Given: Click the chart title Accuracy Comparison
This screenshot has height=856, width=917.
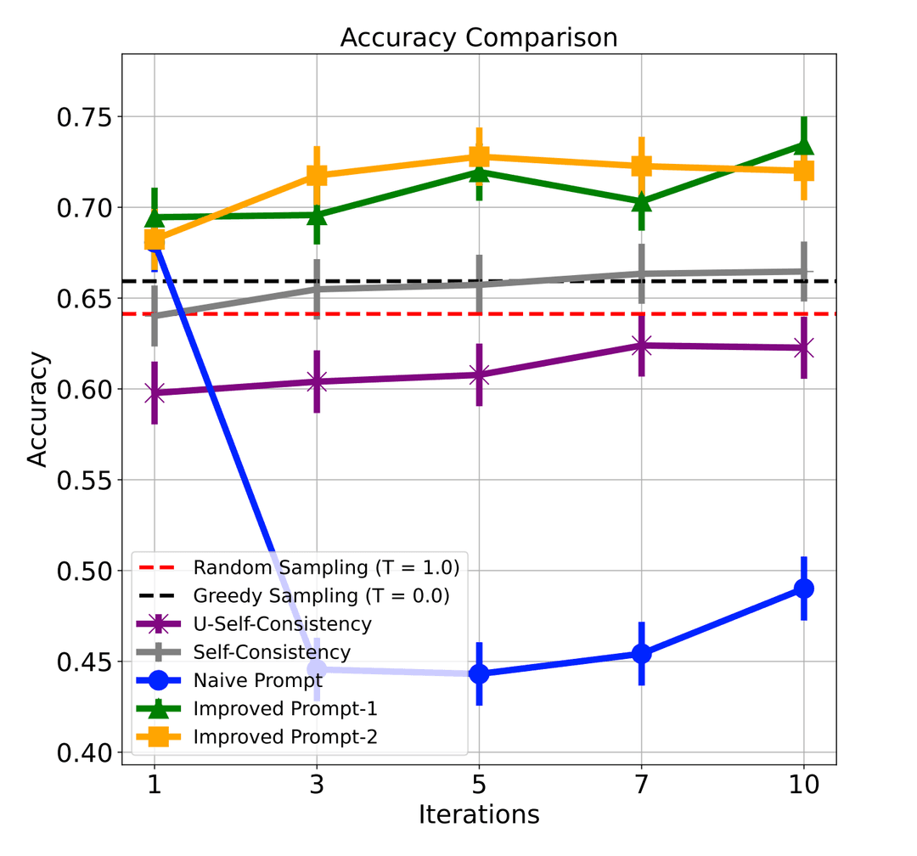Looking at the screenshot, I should click(478, 38).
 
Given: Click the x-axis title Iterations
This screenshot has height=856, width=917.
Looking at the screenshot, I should click(478, 814).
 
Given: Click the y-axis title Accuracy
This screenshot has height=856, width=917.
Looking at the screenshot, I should click(37, 409).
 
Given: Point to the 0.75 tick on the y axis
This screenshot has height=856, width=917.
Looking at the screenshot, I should click(85, 117).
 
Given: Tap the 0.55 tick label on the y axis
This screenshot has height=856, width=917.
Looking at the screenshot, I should click(85, 481).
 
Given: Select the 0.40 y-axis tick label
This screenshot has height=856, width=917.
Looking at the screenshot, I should click(85, 753).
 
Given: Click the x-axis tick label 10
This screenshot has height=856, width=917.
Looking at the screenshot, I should click(803, 784).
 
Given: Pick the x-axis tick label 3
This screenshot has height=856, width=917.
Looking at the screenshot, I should click(317, 784).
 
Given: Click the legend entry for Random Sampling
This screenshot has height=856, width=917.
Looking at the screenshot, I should click(325, 567).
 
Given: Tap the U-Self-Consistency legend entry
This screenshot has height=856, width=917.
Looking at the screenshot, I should click(282, 624).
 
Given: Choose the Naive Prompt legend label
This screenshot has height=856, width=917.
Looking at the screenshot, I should click(257, 680).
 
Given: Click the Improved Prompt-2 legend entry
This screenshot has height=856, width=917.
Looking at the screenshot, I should click(284, 736).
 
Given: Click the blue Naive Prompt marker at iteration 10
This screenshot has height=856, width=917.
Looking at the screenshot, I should click(803, 588).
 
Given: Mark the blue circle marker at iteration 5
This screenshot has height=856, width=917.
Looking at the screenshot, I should click(479, 673).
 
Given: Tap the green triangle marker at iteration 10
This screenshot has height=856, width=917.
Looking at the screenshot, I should click(803, 145).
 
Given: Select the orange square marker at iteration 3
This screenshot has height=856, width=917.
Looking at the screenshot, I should click(317, 176).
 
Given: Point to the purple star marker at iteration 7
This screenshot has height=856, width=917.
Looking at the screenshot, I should click(641, 346).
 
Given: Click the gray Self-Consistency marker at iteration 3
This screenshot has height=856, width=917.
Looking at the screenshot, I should click(317, 290).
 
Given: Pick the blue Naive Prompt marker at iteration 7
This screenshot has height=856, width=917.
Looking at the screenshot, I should click(641, 654).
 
